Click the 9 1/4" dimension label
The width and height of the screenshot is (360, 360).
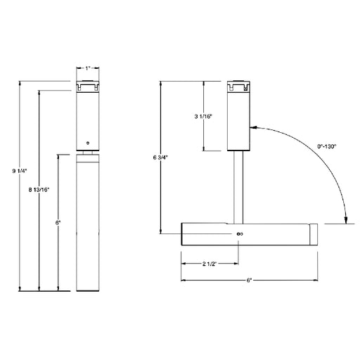point(20,171)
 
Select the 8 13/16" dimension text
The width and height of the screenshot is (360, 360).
point(39,190)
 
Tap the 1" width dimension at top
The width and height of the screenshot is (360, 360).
point(88,68)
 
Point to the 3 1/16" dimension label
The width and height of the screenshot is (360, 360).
point(203,116)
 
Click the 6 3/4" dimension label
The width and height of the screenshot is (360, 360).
point(160,157)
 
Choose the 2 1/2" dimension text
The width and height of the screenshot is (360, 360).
point(209,264)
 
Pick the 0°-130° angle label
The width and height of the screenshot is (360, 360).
point(327,146)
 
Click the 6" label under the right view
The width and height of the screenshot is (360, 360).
point(249,281)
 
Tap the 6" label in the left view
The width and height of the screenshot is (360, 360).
point(58,223)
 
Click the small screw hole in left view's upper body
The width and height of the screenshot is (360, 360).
point(88,143)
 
